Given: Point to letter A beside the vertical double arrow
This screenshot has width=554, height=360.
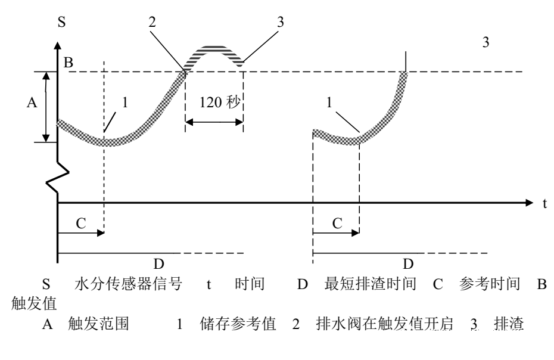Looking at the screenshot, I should point(33,103).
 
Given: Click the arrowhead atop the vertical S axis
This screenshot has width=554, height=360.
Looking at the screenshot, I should point(57,45).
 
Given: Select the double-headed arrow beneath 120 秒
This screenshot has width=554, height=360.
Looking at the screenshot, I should point(214,123).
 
